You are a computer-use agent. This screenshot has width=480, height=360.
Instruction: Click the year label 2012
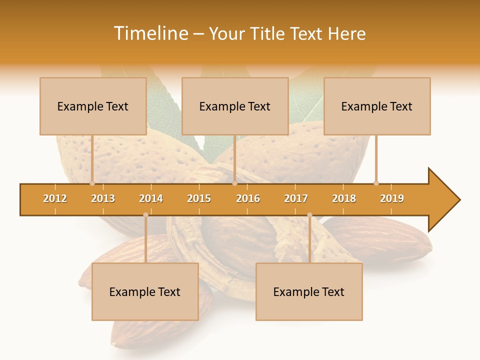[55, 198]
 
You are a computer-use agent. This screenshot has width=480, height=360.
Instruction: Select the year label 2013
[103, 198]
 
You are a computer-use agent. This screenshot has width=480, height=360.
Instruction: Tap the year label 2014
[151, 198]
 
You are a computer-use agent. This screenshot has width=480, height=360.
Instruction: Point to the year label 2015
[199, 198]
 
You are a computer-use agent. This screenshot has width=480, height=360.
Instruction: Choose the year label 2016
[248, 198]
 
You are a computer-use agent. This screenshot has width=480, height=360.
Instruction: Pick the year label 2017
[296, 198]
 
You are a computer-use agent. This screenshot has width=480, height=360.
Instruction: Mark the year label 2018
[344, 198]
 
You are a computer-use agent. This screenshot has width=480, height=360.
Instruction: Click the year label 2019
[392, 198]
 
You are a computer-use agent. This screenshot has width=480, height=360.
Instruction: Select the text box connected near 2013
[93, 106]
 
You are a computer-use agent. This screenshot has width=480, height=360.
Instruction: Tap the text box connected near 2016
[235, 106]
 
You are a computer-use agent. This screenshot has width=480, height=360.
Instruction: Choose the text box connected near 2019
[377, 106]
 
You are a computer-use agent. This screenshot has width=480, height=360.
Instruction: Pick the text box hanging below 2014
[145, 291]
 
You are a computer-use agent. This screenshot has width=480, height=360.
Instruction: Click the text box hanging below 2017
[309, 291]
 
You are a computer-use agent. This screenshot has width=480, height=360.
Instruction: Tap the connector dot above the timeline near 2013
[92, 183]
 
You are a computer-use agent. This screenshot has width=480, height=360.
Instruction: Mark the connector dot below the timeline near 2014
[145, 215]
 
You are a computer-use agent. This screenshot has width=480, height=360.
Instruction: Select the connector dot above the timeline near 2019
[376, 183]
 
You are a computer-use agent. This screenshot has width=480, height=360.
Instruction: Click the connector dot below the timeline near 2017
[309, 215]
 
